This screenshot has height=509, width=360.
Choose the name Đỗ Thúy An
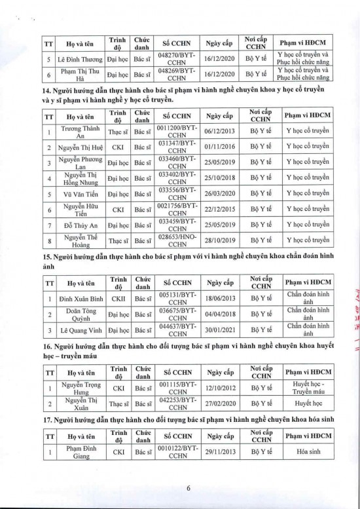point(81,225)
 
